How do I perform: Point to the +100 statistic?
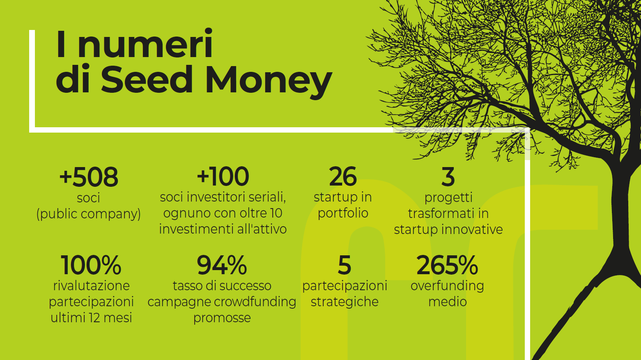[x=223, y=177]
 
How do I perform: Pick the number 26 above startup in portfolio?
[x=343, y=177]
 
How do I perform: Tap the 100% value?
[x=91, y=265]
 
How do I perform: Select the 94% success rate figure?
[x=222, y=265]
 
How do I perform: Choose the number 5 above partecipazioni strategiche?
[x=345, y=265]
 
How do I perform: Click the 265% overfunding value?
[x=447, y=265]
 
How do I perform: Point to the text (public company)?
[x=89, y=214]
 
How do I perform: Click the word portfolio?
[x=343, y=213]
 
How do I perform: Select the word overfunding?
[x=447, y=286]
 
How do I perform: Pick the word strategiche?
[x=345, y=302]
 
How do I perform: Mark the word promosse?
[x=222, y=318]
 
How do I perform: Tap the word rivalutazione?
[x=91, y=286]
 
